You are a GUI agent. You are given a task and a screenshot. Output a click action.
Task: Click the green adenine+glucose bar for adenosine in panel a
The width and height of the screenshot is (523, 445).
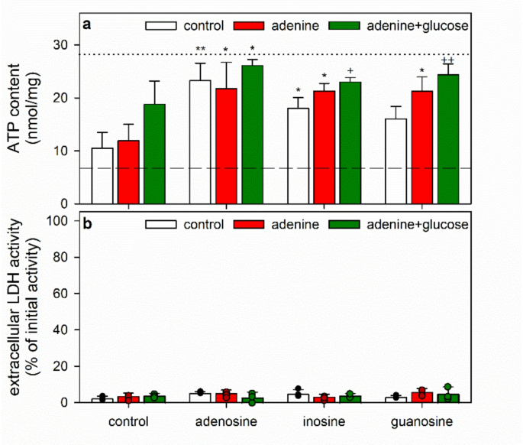click(x=252, y=135)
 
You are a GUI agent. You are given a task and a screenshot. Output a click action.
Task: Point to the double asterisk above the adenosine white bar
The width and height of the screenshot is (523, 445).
click(x=200, y=50)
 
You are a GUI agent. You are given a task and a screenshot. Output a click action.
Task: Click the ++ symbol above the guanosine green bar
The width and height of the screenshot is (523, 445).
click(x=447, y=60)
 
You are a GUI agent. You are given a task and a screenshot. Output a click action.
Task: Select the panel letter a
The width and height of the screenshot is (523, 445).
click(x=87, y=24)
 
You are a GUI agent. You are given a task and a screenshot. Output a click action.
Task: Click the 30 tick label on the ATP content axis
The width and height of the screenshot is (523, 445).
click(x=65, y=45)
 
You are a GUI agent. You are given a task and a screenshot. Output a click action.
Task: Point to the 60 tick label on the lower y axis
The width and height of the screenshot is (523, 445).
click(x=65, y=294)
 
